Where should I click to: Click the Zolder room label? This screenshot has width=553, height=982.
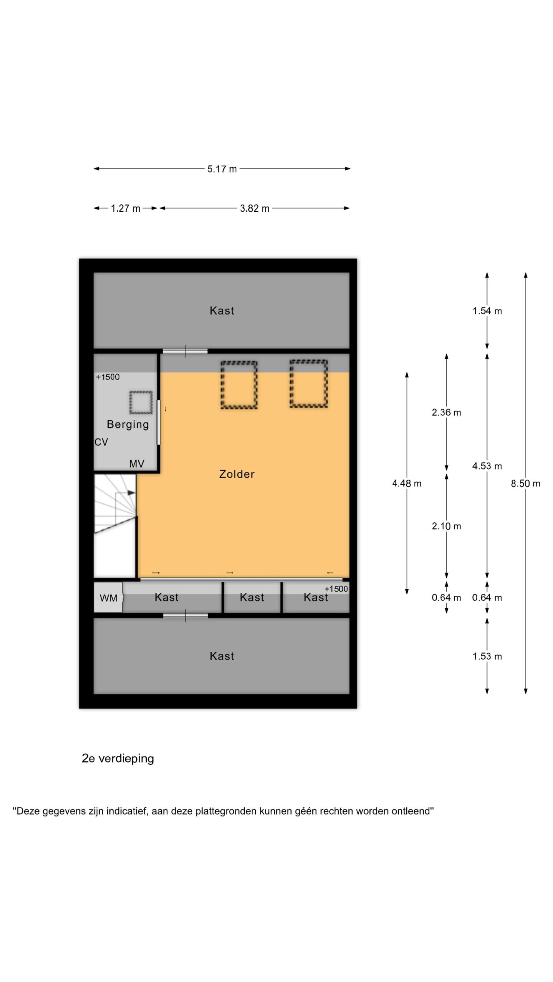pyautogui.click(x=237, y=474)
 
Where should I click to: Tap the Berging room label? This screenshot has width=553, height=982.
pyautogui.click(x=127, y=425)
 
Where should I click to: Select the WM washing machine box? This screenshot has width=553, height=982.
pyautogui.click(x=108, y=598)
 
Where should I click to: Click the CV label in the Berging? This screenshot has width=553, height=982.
pyautogui.click(x=101, y=442)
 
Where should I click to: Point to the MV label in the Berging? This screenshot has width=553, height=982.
pyautogui.click(x=137, y=464)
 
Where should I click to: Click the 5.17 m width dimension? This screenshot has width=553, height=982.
pyautogui.click(x=222, y=169)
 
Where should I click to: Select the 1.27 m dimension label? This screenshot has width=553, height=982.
pyautogui.click(x=126, y=208)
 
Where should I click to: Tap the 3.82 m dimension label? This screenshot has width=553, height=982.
pyautogui.click(x=255, y=208)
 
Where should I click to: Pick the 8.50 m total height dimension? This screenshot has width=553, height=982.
pyautogui.click(x=525, y=483)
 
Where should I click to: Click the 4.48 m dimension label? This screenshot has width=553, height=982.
pyautogui.click(x=407, y=483)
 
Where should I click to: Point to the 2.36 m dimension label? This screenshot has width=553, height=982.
pyautogui.click(x=446, y=412)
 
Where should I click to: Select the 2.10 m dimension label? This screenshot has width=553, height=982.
pyautogui.click(x=446, y=526)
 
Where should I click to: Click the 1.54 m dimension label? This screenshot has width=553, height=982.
pyautogui.click(x=487, y=311)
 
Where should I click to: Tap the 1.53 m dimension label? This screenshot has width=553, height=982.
pyautogui.click(x=487, y=656)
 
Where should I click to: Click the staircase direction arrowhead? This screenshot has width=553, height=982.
pyautogui.click(x=131, y=493)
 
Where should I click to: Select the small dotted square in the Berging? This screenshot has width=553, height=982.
pyautogui.click(x=141, y=402)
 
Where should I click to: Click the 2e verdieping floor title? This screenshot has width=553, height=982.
pyautogui.click(x=118, y=759)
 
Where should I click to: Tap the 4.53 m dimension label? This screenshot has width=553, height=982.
pyautogui.click(x=487, y=466)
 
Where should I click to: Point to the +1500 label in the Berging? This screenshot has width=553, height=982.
pyautogui.click(x=108, y=377)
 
